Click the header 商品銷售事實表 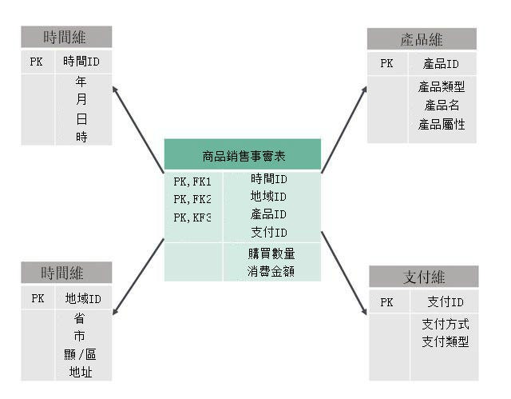(242, 157)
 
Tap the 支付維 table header (424, 277)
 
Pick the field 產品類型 (442, 86)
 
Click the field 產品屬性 (442, 125)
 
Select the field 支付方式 (445, 324)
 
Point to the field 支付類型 (445, 342)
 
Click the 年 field (81, 82)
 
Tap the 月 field (81, 100)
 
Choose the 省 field (80, 317)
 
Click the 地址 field (81, 373)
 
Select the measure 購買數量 (271, 253)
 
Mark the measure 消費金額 (271, 272)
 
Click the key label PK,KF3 (192, 217)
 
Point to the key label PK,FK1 (192, 182)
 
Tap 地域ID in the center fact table (268, 197)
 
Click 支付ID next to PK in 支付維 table (446, 302)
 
